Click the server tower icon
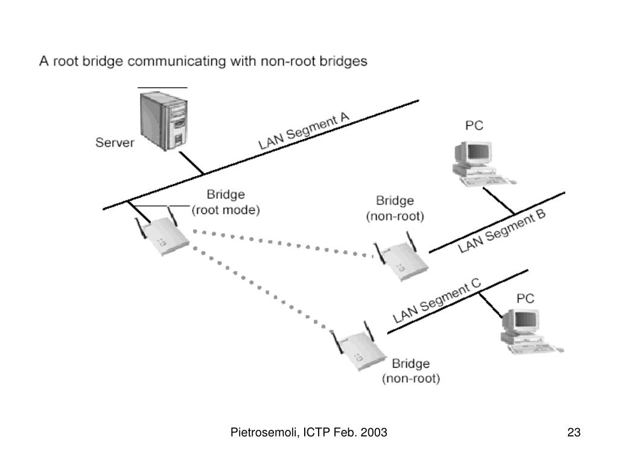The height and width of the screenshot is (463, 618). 164,121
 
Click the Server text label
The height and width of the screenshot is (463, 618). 115,142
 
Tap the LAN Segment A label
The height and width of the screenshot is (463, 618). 304,131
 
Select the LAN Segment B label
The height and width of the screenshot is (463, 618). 502,231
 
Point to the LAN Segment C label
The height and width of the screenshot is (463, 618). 437,301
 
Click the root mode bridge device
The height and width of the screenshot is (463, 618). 162,231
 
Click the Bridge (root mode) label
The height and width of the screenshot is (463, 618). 226,202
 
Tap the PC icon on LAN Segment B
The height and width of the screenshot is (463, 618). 483,163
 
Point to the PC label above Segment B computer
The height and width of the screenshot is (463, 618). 474,125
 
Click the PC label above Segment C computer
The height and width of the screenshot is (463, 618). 526,298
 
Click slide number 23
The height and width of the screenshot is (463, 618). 574,432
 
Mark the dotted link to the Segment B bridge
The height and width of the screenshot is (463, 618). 282,244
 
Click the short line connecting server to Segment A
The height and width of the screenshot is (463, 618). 191,163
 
